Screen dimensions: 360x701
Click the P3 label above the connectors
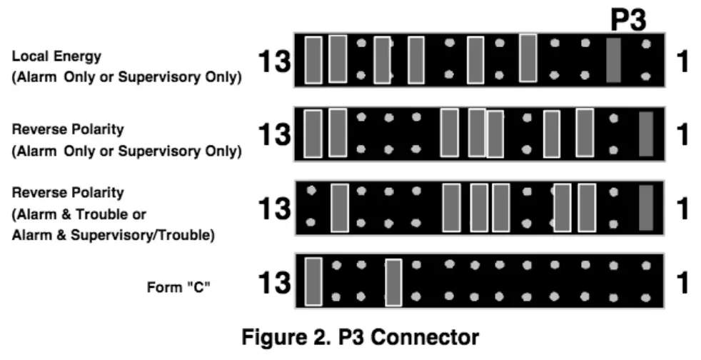coord(628,21)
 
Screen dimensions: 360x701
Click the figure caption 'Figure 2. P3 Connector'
coord(359,337)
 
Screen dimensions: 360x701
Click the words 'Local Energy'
coord(56,56)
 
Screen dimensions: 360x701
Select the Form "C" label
coord(178,287)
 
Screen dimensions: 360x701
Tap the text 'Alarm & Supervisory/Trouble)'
coord(113,235)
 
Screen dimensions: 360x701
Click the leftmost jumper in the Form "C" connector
coord(313,281)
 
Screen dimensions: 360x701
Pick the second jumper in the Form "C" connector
coord(393,283)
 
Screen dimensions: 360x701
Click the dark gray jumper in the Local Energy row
coord(613,60)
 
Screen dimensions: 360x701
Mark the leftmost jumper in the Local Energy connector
coord(313,61)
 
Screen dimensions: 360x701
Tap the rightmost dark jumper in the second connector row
coord(646,134)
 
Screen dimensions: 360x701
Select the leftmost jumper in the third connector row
coord(340,208)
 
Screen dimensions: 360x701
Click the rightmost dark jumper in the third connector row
coord(646,208)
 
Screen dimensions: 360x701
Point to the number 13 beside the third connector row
coord(275,209)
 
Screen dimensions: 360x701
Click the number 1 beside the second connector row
coord(682,134)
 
